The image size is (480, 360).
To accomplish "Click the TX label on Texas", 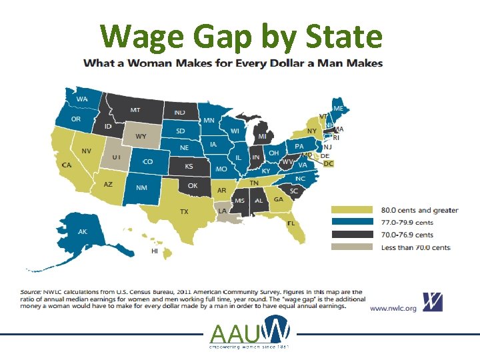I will pyautogui.click(x=183, y=212).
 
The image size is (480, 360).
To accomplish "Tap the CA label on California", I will pyautogui.click(x=67, y=165).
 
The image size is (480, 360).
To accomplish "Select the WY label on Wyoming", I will pyautogui.click(x=141, y=137).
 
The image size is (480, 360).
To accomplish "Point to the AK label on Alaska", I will pyautogui.click(x=83, y=232).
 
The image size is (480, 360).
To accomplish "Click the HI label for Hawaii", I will pyautogui.click(x=155, y=251).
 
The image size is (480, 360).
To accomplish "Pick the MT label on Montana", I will pyautogui.click(x=135, y=110).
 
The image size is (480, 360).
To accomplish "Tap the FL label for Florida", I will pyautogui.click(x=291, y=223).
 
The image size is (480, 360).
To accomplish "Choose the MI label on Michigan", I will pyautogui.click(x=262, y=136).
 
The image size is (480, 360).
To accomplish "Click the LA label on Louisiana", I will pyautogui.click(x=222, y=210).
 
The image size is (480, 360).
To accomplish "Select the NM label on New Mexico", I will pyautogui.click(x=141, y=188).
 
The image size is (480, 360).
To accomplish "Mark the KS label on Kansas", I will pyautogui.click(x=189, y=166).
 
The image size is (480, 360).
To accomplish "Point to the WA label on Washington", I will pyautogui.click(x=82, y=99).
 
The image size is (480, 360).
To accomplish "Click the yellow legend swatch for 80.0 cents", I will pyautogui.click(x=352, y=211).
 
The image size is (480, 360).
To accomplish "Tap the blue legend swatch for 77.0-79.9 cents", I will pyautogui.click(x=352, y=223).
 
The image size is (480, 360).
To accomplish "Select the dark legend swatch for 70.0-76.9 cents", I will pyautogui.click(x=352, y=235).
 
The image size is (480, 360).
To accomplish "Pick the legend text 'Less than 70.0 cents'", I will pyautogui.click(x=416, y=247).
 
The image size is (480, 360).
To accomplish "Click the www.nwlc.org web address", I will pyautogui.click(x=393, y=309).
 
